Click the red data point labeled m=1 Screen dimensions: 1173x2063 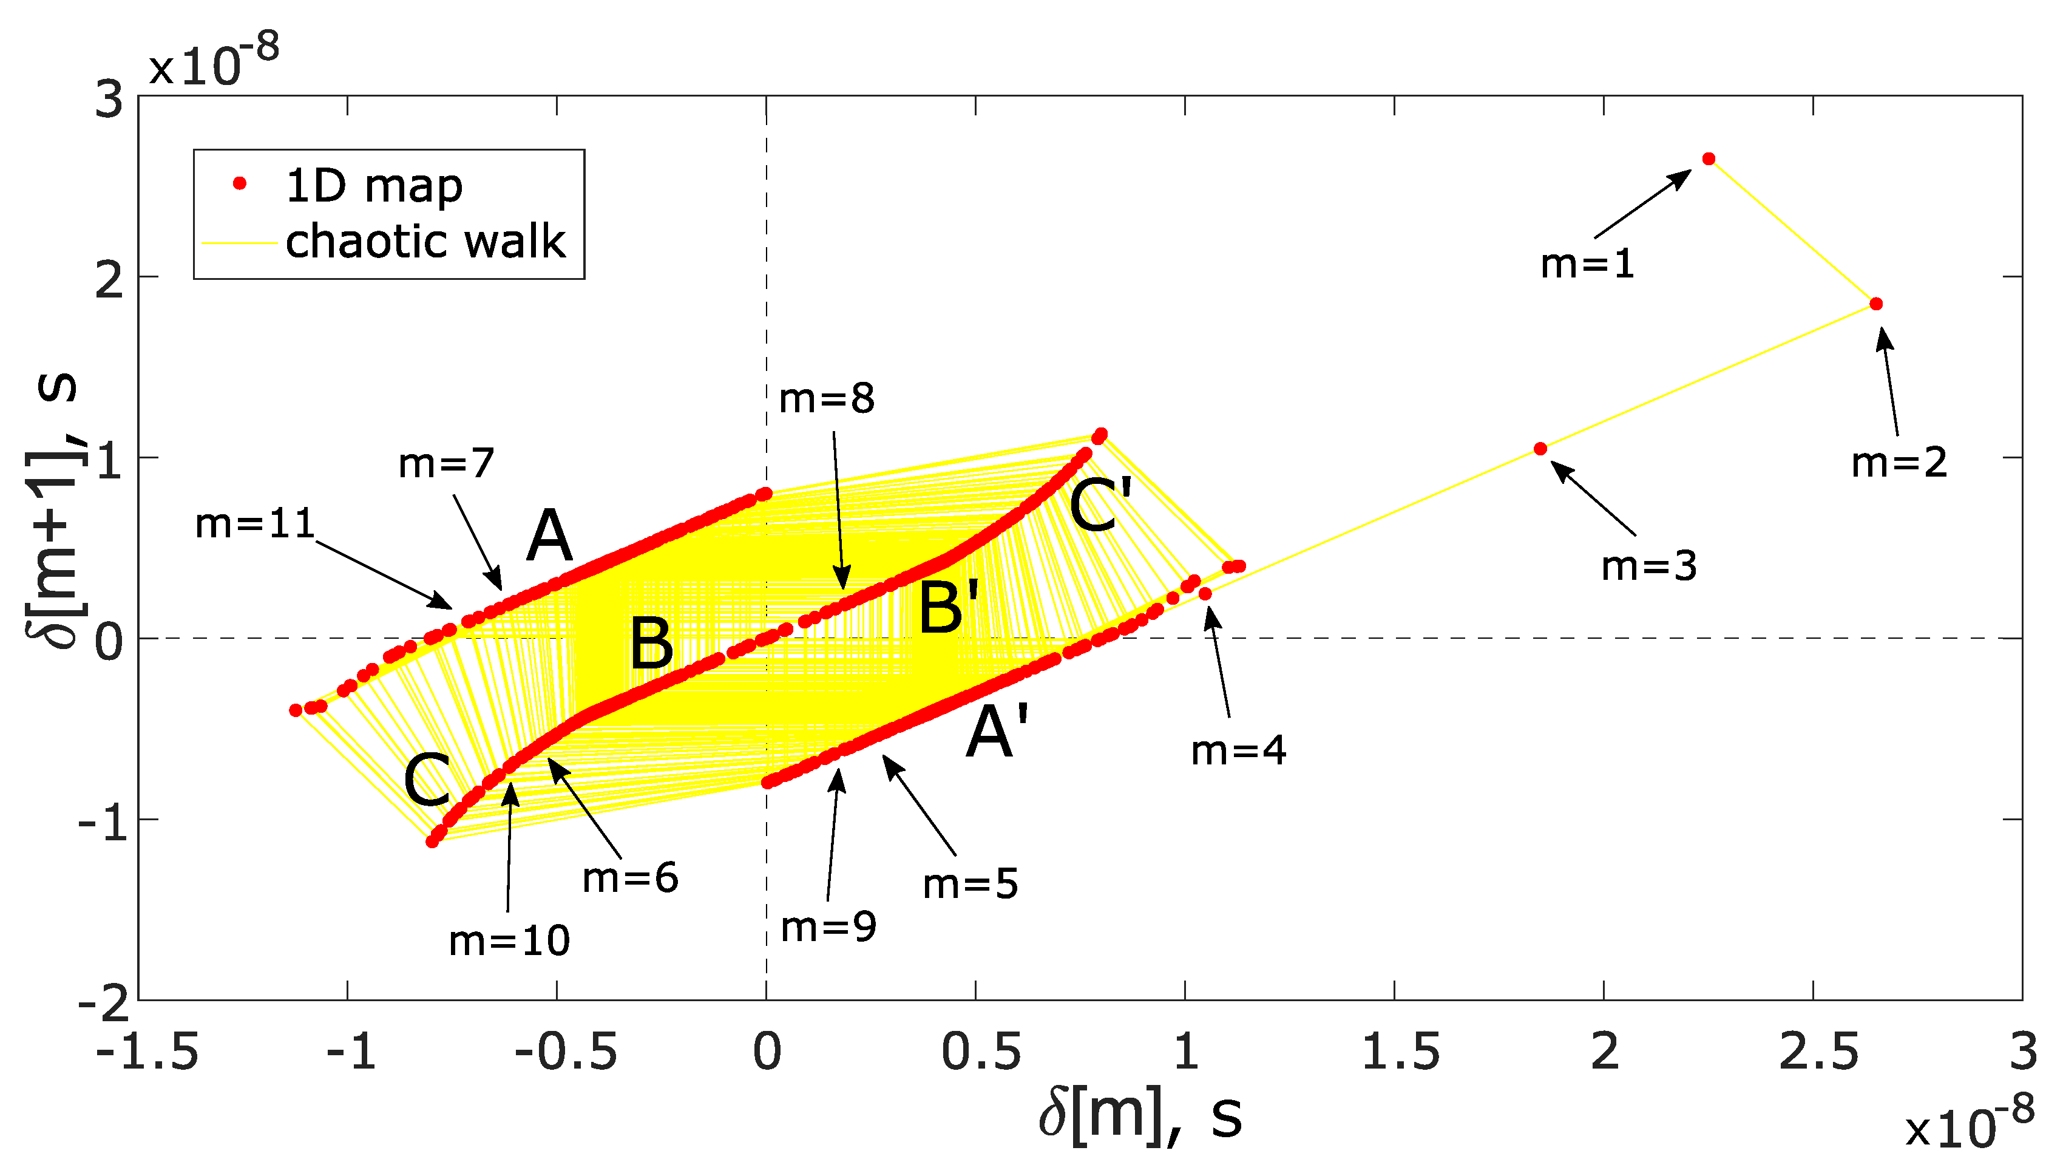click(x=1708, y=158)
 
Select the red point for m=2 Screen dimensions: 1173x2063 click(x=1875, y=304)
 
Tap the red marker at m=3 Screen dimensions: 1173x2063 click(x=1540, y=449)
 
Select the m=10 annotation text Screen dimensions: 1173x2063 click(x=509, y=941)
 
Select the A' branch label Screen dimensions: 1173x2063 click(x=997, y=732)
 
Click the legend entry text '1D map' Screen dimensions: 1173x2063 click(x=374, y=186)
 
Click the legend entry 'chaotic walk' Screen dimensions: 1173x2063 click(x=425, y=241)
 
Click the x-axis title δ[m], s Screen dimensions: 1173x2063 click(x=1139, y=1117)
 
